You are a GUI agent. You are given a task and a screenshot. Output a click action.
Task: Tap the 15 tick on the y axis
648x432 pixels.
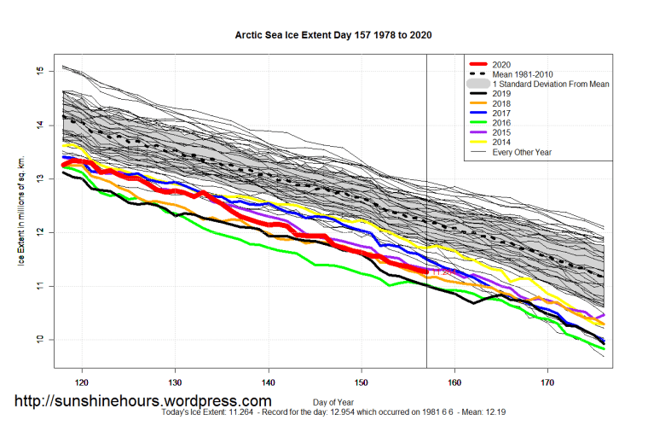pyautogui.click(x=39, y=71)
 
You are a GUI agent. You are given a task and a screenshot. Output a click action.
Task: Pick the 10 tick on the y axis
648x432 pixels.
pyautogui.click(x=39, y=340)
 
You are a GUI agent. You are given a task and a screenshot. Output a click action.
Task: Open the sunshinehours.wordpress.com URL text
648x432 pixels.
pyautogui.click(x=143, y=400)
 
